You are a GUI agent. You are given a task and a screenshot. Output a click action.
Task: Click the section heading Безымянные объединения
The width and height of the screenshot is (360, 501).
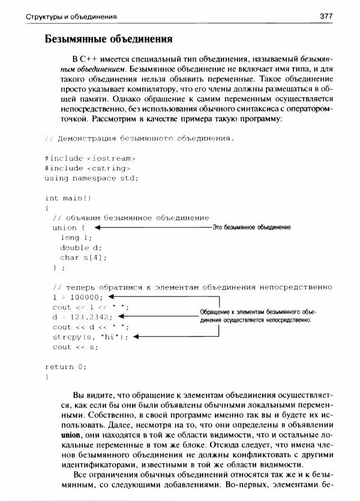109,40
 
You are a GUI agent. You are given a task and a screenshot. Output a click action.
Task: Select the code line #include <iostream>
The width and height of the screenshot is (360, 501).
91,158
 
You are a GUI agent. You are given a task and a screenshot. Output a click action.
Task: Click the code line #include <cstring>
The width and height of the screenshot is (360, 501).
88,168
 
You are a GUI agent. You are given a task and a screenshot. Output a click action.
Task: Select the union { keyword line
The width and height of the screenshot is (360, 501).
70,227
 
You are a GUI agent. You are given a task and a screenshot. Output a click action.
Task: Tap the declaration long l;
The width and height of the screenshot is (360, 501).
74,238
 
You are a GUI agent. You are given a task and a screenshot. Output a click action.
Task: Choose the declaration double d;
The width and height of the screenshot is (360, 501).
81,247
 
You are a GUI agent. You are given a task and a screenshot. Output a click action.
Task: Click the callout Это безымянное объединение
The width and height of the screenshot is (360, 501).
252,228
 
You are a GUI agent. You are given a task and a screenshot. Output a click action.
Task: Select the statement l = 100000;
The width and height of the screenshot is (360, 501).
78,297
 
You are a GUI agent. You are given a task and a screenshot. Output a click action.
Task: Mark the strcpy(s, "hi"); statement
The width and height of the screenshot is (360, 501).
91,337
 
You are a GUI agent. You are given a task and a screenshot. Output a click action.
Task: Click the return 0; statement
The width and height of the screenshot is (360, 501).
66,367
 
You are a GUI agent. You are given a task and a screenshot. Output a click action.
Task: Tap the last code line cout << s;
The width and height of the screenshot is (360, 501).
75,347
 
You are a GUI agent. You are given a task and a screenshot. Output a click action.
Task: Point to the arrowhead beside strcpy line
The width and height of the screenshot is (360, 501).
137,337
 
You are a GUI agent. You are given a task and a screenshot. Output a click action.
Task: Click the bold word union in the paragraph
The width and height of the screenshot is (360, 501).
70,434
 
